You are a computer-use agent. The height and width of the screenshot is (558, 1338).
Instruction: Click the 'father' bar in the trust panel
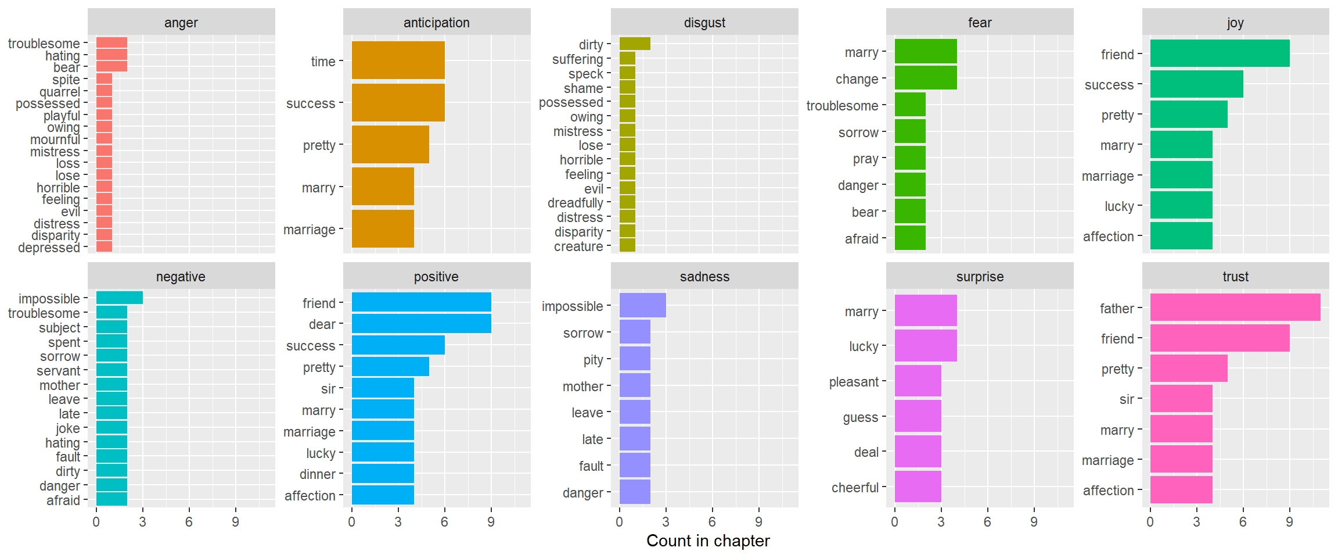pos(1235,307)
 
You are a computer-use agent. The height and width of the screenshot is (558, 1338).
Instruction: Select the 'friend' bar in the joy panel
pos(1220,53)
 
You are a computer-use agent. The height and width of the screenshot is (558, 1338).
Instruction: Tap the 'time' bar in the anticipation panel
pos(398,60)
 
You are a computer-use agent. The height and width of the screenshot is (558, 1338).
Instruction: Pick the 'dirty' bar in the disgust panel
pos(635,44)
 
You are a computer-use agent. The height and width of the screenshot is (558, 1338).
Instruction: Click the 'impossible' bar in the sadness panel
pos(642,306)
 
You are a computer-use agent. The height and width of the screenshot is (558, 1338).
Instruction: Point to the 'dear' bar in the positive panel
pos(421,324)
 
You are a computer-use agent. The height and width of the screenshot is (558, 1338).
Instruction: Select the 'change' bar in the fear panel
pos(926,78)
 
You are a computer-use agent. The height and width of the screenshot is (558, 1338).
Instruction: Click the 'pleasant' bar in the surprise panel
pos(918,381)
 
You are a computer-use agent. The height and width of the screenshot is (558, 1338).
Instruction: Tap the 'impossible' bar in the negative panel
pos(119,298)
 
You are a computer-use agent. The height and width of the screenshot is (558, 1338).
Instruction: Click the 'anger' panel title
pos(181,23)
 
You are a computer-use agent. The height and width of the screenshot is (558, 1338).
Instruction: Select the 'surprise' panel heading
pos(980,277)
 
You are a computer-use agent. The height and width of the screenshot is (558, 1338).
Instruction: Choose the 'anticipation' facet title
pos(437,23)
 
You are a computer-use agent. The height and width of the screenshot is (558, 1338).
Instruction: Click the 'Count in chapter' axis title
pos(708,541)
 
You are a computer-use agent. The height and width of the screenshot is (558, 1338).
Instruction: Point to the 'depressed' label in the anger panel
pos(49,248)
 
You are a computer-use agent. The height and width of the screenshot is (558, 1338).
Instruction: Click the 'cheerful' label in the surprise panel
pos(855,488)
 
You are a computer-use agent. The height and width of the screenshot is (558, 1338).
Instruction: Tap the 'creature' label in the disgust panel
pos(578,246)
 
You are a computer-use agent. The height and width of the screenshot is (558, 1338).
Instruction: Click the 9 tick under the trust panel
pos(1289,522)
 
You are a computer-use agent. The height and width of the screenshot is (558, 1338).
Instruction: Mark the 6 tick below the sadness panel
pos(712,522)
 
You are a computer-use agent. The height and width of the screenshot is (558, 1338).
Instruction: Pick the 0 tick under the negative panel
pos(96,522)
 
